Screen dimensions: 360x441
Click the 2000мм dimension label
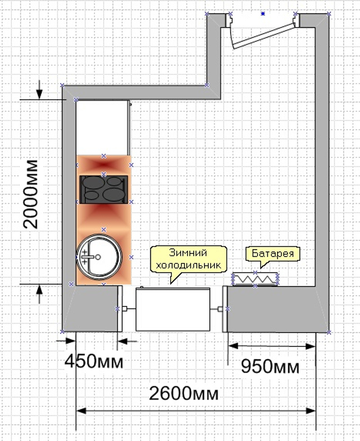click(x=31, y=194)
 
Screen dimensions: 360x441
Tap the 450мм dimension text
click(x=94, y=361)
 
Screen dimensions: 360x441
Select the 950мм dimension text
click(x=270, y=366)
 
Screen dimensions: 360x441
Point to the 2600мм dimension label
click(x=184, y=393)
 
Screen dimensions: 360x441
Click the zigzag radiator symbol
click(x=255, y=279)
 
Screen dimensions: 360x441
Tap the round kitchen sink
click(x=99, y=257)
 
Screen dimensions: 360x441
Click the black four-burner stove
click(x=103, y=190)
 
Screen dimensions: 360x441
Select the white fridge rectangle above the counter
click(x=103, y=127)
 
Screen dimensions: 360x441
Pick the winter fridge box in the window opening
click(x=173, y=309)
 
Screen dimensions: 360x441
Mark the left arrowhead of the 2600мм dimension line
click(x=81, y=411)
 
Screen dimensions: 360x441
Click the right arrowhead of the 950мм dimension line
click(x=310, y=346)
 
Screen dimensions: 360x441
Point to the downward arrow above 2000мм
click(x=40, y=90)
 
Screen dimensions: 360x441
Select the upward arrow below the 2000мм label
click(x=40, y=294)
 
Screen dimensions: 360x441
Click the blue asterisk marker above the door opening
click(x=263, y=13)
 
